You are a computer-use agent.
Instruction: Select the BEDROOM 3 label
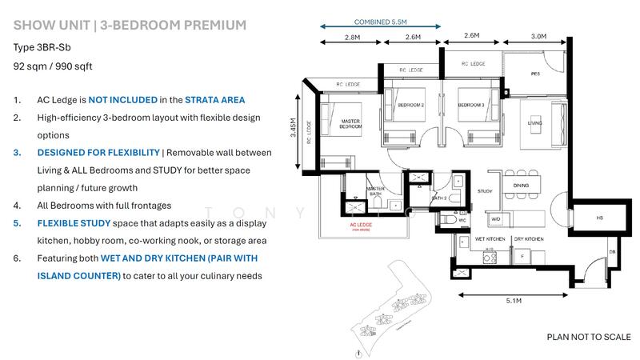(471, 105)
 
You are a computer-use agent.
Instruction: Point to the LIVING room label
(534, 123)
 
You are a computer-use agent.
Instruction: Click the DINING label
(521, 185)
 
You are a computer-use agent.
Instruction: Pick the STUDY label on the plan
(485, 192)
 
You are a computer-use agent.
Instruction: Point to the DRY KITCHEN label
(528, 238)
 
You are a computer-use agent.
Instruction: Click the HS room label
(599, 218)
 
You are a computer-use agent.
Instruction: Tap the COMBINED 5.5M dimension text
(380, 22)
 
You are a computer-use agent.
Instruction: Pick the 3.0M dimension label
(538, 36)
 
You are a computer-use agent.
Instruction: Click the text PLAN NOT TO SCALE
(588, 337)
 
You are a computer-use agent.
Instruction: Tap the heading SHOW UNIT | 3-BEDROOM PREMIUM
(130, 25)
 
